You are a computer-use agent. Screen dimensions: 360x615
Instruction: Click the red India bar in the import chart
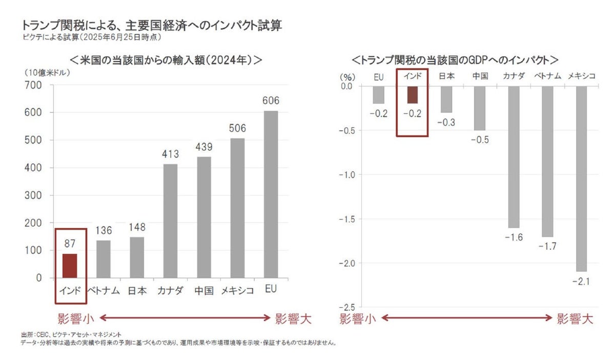(70, 266)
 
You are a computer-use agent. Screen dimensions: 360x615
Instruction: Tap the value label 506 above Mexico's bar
(237, 128)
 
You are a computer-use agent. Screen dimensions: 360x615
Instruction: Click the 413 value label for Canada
(170, 153)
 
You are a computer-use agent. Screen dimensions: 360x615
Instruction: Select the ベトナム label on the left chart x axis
(102, 291)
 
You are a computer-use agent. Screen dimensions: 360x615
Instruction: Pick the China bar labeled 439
(203, 217)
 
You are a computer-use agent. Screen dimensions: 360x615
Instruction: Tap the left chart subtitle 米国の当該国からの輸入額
(164, 59)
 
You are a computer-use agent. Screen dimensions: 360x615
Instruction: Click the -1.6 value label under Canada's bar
(514, 237)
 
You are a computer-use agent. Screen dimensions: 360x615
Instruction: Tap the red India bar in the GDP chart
(412, 94)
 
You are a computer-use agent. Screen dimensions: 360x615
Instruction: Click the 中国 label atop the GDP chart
(480, 76)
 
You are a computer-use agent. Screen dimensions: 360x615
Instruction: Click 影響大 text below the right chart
(575, 319)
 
